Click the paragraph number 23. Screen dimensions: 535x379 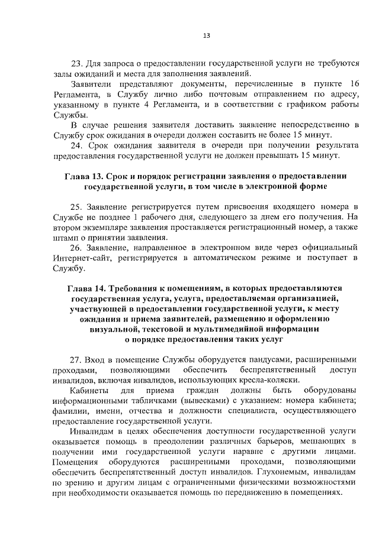[x=76, y=63]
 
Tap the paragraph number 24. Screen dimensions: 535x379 [x=76, y=145]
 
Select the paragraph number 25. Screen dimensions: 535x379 [x=76, y=206]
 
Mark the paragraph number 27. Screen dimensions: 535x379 [x=76, y=359]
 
